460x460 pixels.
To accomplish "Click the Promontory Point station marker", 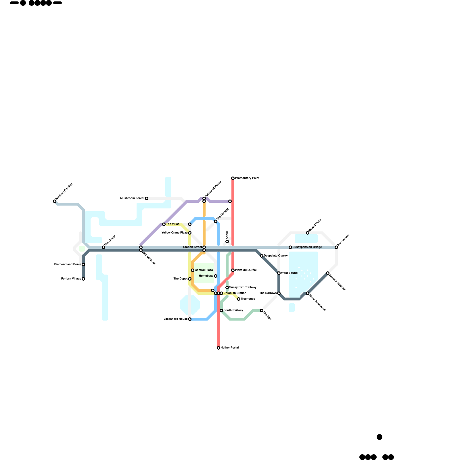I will (233, 178).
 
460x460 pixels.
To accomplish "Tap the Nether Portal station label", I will (230, 348).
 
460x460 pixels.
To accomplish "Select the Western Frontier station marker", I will (55, 201).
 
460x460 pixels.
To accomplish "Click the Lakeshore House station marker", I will (190, 319).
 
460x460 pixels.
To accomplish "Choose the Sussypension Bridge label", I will (307, 247).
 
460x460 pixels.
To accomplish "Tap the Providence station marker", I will (336, 247).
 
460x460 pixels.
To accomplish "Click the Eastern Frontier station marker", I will (328, 273).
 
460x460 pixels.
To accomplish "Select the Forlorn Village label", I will (71, 279).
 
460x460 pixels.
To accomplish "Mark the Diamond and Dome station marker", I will (83, 264).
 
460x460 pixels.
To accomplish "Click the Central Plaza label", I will (204, 270).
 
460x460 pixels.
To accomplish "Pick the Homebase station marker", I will (216, 276).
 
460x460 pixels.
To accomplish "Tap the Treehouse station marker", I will (239, 299).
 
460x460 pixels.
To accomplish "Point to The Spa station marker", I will (262, 310).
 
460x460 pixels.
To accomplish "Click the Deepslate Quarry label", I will (276, 256).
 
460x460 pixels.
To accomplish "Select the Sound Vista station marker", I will (308, 233).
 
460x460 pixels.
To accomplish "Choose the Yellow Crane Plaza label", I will (175, 233).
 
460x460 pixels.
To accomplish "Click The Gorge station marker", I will (103, 247).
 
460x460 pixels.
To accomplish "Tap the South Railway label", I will (233, 310).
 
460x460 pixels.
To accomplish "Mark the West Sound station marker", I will (279, 273).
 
